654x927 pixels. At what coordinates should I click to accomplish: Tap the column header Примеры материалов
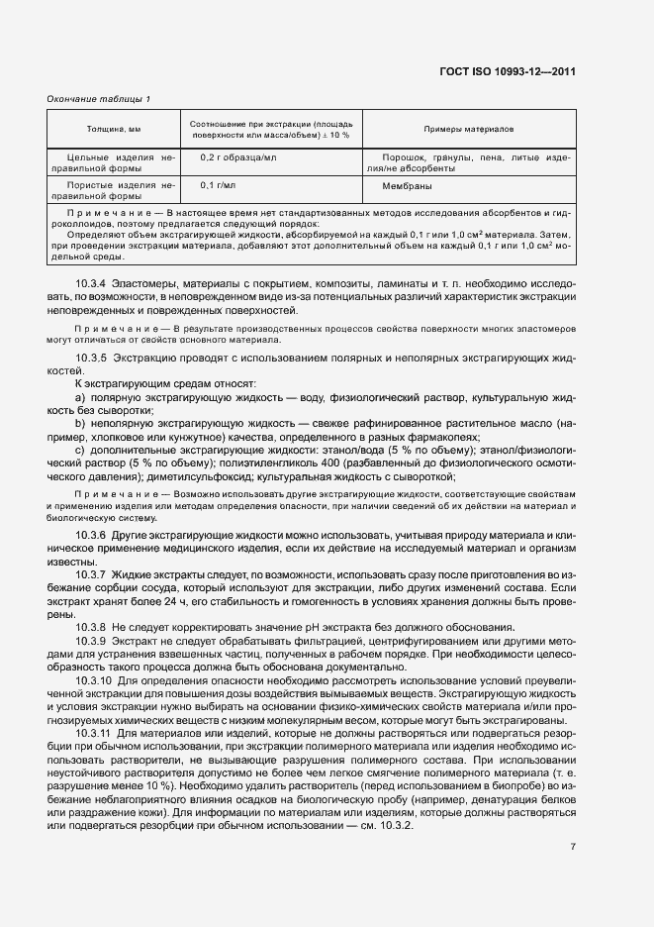[468, 129]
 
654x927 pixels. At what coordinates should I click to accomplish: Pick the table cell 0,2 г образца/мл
[238, 157]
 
